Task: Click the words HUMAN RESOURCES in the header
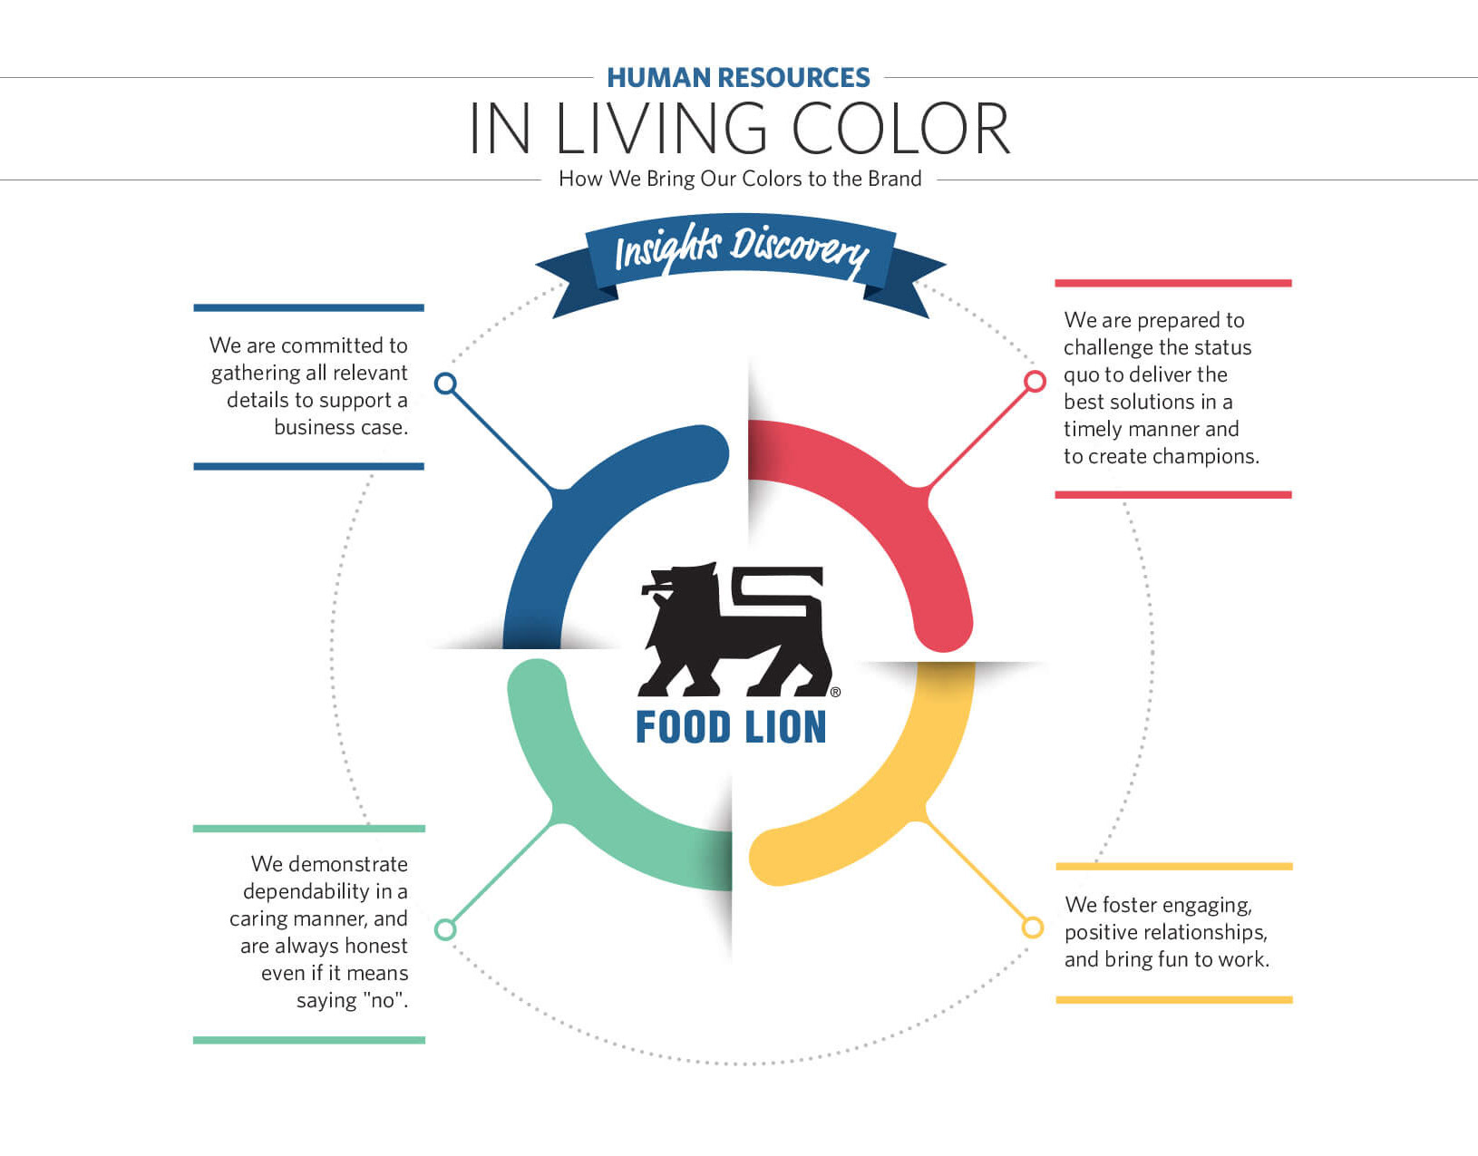point(738,78)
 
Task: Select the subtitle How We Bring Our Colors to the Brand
point(740,179)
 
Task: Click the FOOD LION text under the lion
point(731,727)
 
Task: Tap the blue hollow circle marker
point(445,384)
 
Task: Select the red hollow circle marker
point(1035,382)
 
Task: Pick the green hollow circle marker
point(445,929)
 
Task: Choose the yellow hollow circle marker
point(1032,928)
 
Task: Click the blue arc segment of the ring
point(580,508)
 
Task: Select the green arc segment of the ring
point(589,798)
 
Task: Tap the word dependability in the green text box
point(306,891)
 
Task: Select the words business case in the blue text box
point(341,427)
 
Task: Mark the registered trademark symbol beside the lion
point(835,692)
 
